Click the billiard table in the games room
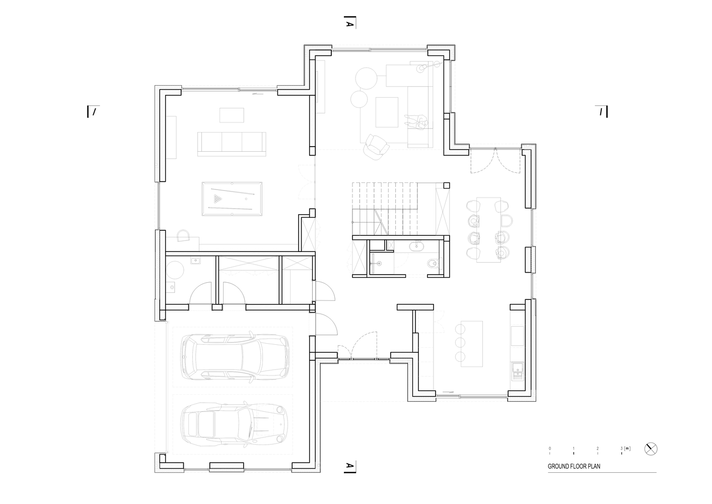pos(232,199)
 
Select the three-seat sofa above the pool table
pos(232,142)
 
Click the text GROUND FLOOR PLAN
pos(574,467)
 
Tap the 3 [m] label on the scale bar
pos(625,448)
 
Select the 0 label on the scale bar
pos(550,448)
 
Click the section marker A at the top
pos(348,23)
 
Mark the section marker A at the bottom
pos(348,467)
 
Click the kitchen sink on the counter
pos(517,371)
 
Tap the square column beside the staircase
pos(446,185)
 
